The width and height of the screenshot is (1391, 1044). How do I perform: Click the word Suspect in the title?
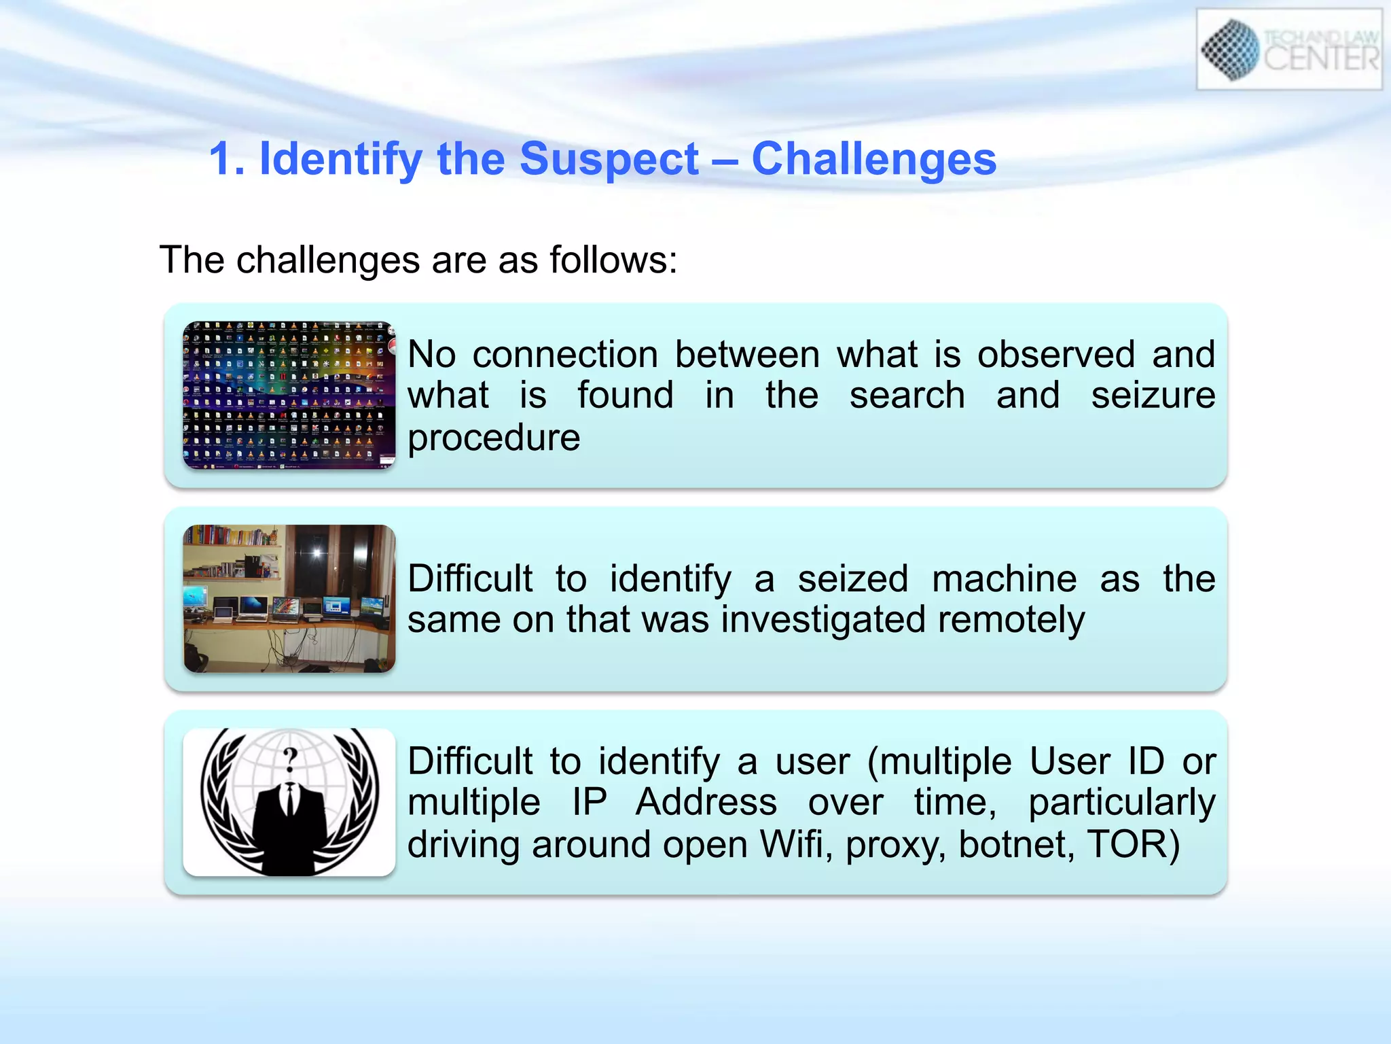[x=609, y=160]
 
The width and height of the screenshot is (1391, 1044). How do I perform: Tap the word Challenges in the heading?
[x=873, y=159]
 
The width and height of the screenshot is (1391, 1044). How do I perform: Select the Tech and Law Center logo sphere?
[x=1231, y=49]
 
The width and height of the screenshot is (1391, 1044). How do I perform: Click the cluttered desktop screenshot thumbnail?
[x=289, y=396]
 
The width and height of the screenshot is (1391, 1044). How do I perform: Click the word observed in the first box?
[x=1055, y=355]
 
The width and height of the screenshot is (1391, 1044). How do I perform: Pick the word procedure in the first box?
[x=494, y=438]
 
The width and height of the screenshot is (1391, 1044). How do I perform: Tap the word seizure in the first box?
[x=1153, y=396]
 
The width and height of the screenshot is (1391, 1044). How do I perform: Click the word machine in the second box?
[x=1004, y=579]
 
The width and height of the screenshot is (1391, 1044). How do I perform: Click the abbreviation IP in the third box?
[x=589, y=802]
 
